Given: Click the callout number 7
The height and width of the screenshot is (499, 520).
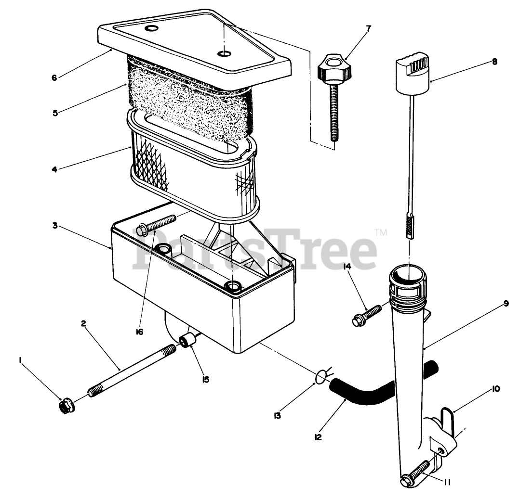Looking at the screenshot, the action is pos(368,28).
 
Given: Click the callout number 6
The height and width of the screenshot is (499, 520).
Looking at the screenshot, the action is pos(54,77).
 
